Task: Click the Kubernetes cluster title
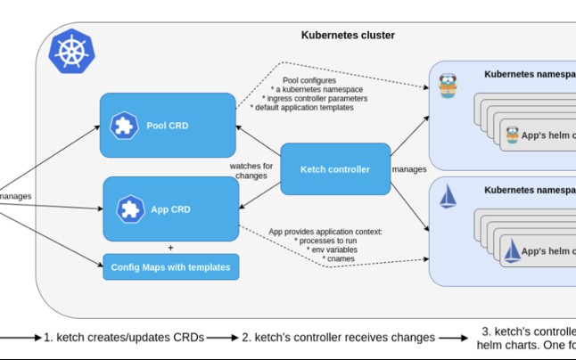(348, 36)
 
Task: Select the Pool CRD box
(168, 126)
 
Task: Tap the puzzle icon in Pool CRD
(123, 126)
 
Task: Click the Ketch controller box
(335, 169)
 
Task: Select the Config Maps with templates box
(170, 266)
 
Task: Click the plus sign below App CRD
(170, 248)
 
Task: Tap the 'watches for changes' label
(252, 171)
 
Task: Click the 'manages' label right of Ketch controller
(408, 168)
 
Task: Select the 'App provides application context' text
(325, 232)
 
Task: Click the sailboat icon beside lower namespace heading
(448, 198)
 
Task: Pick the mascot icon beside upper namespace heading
(448, 85)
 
